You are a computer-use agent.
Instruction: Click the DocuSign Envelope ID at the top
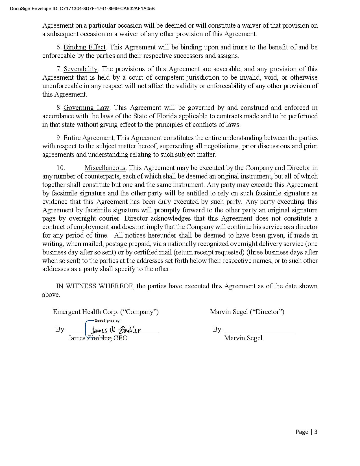coord(82,8)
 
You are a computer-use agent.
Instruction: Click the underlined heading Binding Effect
coord(84,47)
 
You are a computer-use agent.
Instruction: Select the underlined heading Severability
coord(80,69)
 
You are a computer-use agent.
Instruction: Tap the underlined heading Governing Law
coord(86,108)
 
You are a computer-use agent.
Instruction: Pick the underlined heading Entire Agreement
coord(88,138)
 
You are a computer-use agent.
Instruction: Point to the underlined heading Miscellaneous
coord(105,168)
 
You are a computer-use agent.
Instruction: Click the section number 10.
coord(60,168)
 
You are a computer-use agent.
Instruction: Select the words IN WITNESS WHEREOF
coord(95,286)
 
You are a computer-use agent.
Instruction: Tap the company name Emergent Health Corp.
coord(86,312)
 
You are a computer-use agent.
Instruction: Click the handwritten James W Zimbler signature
coord(116,330)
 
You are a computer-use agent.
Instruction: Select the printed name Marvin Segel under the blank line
coord(243,338)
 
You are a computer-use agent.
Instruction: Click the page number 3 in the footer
coord(316,432)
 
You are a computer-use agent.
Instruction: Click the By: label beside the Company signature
coord(61,329)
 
